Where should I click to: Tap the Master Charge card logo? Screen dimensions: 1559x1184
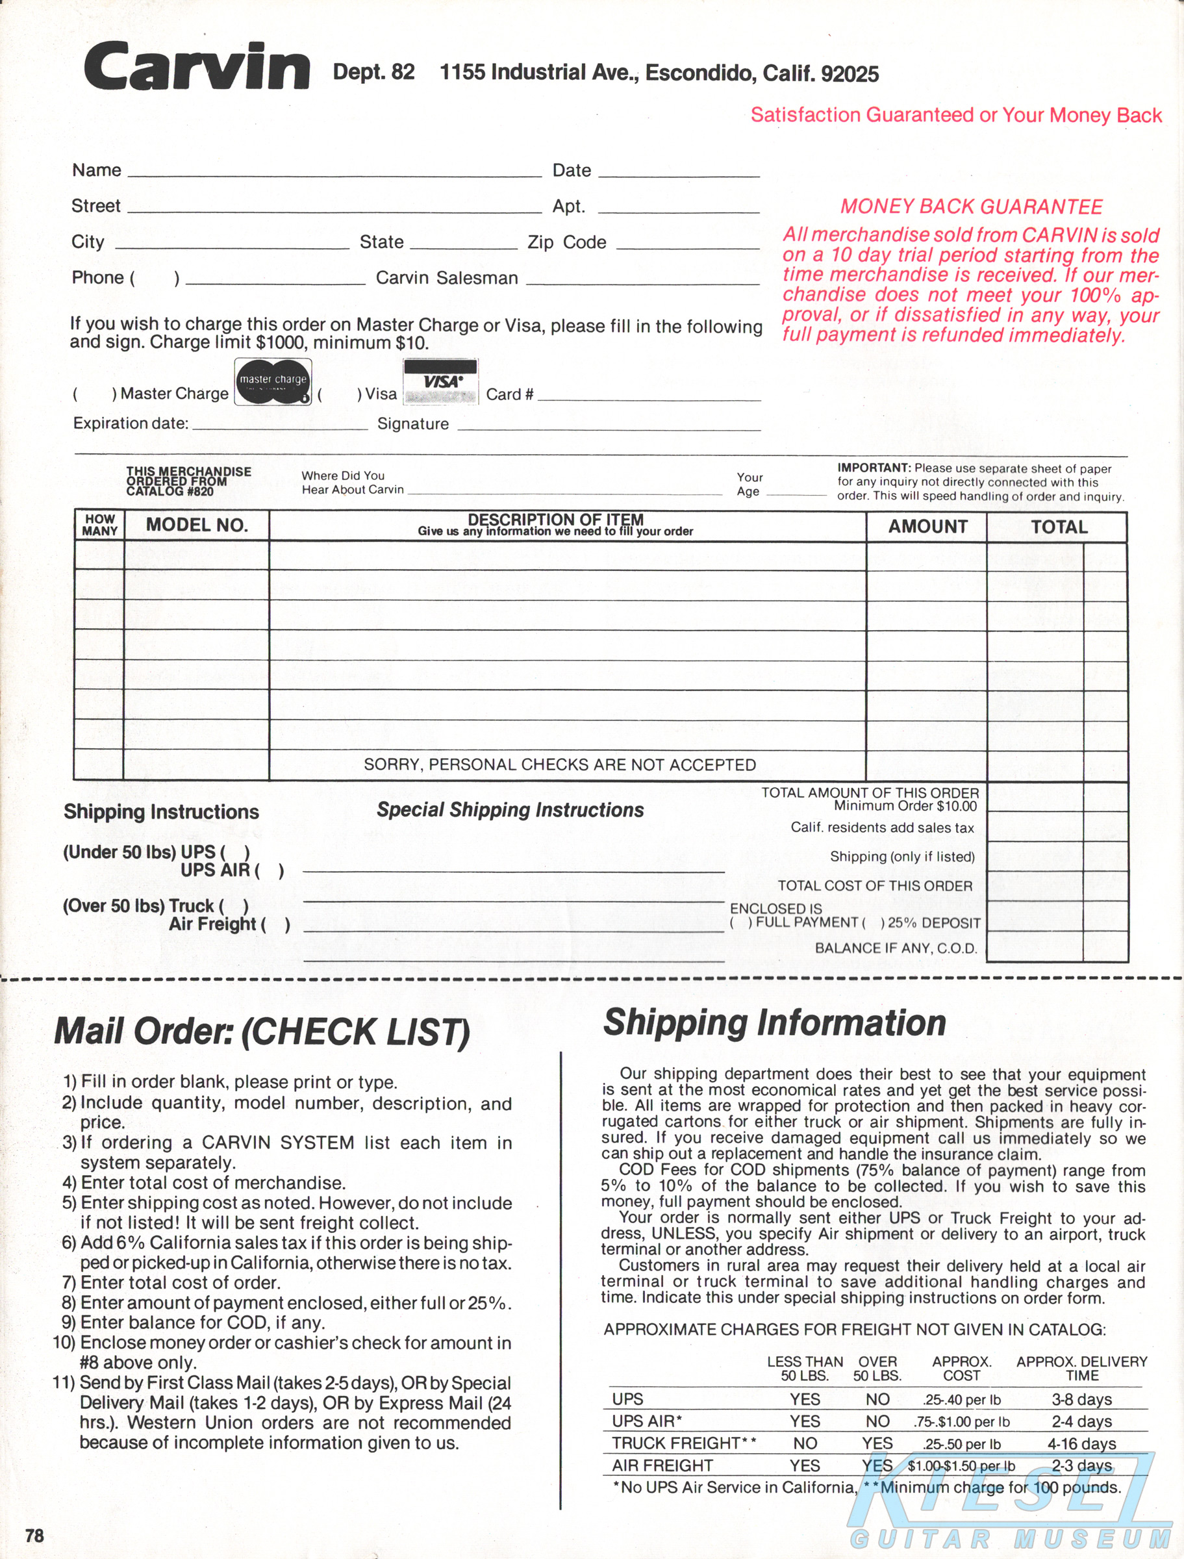click(x=273, y=382)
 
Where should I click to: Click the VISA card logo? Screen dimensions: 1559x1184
click(x=440, y=382)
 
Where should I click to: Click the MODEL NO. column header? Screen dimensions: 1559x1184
click(x=197, y=526)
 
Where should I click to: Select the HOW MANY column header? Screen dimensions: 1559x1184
click(x=99, y=525)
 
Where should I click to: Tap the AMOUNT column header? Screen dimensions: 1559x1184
click(x=927, y=526)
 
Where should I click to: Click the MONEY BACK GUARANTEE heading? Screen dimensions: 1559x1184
click(x=971, y=207)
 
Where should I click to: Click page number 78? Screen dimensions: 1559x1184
click(x=34, y=1535)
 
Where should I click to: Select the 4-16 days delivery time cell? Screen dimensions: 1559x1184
click(x=1081, y=1443)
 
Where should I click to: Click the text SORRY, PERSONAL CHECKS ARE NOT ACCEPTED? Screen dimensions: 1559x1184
click(x=560, y=765)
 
